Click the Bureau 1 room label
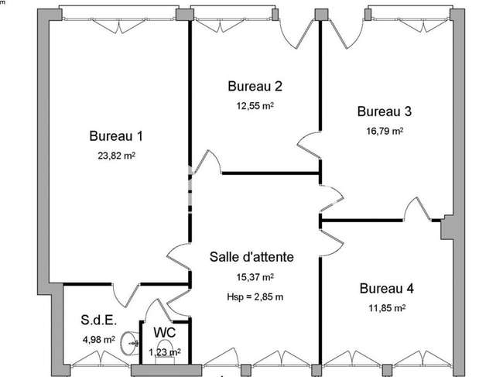(116, 136)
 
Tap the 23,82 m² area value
(116, 156)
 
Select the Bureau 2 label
(255, 86)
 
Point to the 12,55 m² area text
(255, 105)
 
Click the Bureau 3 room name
(385, 111)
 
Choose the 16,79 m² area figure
(385, 131)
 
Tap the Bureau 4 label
(387, 288)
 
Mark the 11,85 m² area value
(387, 308)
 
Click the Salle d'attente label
(251, 257)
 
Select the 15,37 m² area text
(255, 277)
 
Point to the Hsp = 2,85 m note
(255, 296)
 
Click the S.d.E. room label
(99, 320)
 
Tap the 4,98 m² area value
(99, 339)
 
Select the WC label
(165, 332)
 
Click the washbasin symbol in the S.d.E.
(129, 343)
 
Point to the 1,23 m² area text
(165, 352)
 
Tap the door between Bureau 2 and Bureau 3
(310, 145)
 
